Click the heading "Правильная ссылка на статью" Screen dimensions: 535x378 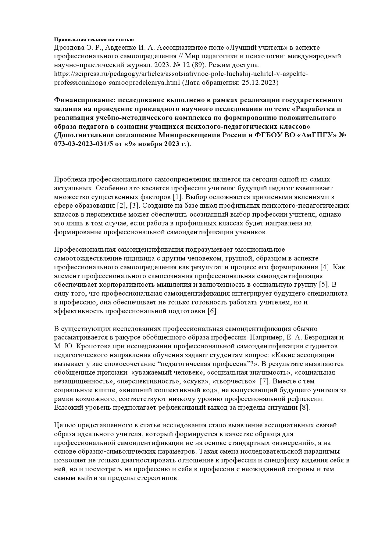[x=94, y=39]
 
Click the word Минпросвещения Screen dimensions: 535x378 [x=185, y=135]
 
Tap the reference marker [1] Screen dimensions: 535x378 [x=177, y=197]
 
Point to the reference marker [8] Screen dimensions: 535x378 [x=305, y=408]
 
